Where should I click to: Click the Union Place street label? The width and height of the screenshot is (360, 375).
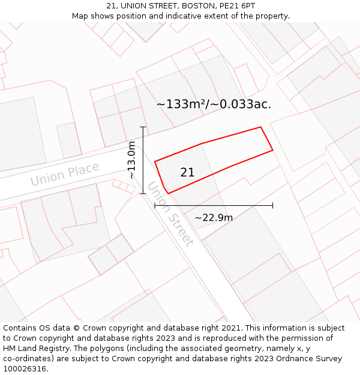(x=65, y=174)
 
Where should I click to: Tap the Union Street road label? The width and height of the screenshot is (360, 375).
(x=171, y=214)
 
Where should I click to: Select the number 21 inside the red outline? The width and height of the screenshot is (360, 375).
(x=187, y=172)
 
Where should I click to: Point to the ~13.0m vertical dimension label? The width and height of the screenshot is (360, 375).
(x=131, y=160)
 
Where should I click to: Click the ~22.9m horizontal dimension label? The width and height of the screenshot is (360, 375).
(x=214, y=217)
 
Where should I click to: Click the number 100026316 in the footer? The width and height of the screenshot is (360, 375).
(x=25, y=369)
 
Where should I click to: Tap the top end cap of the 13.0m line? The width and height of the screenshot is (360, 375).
(x=143, y=127)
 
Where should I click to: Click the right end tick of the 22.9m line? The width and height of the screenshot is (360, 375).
(x=272, y=205)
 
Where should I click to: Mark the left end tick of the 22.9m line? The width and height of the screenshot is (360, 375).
(x=155, y=205)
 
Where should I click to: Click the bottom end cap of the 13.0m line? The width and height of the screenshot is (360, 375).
(x=143, y=193)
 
